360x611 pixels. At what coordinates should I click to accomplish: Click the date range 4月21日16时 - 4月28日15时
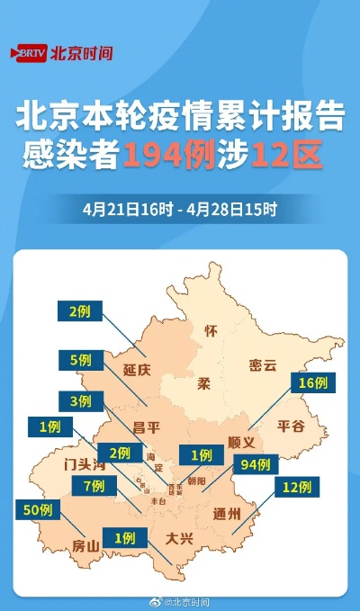[179, 210]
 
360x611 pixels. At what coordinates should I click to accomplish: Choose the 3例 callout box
[80, 400]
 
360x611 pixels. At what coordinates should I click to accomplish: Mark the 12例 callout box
[296, 488]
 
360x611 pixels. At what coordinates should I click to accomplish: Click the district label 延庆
[138, 370]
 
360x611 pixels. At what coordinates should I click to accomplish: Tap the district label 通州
[228, 515]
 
